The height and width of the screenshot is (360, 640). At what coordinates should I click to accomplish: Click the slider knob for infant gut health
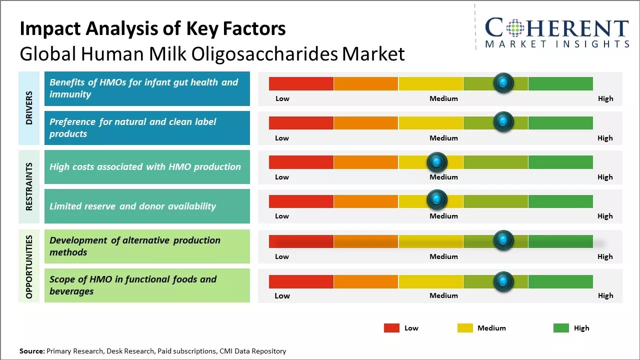coord(503,82)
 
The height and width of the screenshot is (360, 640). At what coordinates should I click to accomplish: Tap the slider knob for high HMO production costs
coord(437,161)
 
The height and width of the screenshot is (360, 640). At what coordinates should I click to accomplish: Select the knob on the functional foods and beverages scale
coord(503,281)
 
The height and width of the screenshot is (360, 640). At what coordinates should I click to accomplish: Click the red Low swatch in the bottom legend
coord(391,328)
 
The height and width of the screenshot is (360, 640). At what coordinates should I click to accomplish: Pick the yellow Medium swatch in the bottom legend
coord(465,328)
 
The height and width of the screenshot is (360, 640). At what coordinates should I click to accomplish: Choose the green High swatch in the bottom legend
coord(561,328)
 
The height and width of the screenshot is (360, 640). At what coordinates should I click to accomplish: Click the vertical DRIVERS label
coord(29,108)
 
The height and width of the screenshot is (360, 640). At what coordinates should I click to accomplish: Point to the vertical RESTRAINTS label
coord(29,186)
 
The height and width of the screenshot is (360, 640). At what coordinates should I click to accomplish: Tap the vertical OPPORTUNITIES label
coord(29,266)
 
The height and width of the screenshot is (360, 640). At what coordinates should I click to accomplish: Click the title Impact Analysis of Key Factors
coord(152,28)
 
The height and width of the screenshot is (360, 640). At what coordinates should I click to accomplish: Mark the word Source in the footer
coord(31,351)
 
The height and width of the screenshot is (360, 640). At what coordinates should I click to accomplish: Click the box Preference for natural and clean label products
coord(147,128)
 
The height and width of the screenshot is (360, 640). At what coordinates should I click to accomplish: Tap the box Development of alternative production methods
coord(147,246)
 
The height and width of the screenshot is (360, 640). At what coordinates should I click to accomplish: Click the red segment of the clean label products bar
coord(301,122)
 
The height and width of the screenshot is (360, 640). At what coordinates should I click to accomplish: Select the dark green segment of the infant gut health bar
coord(560,83)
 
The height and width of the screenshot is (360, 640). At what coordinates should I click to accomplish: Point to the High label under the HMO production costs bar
coord(604,177)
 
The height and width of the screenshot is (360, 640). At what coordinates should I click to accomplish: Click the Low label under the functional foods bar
coord(282,295)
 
